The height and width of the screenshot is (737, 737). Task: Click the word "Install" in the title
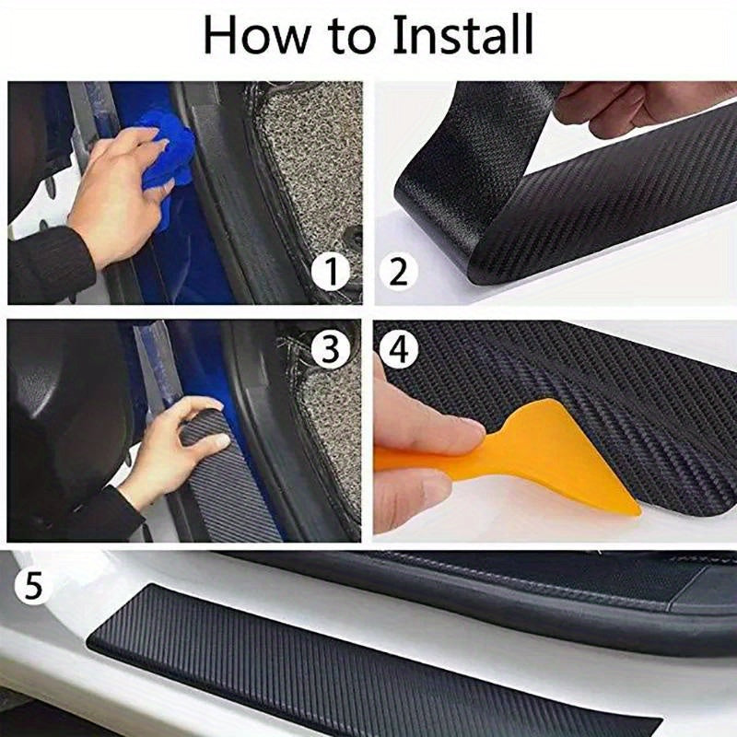(x=462, y=35)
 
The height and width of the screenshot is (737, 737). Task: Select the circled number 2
(x=398, y=274)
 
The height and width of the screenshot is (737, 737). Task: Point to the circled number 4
(x=398, y=349)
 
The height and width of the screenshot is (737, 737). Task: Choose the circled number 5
(x=33, y=586)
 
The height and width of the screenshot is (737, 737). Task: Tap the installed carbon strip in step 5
(x=368, y=663)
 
